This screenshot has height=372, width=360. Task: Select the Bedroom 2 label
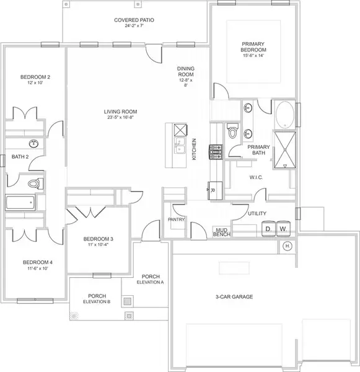tap(35, 80)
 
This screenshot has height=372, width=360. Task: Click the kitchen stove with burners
tap(216, 150)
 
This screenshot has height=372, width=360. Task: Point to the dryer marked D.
tap(269, 229)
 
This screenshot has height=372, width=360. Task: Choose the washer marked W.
tap(283, 229)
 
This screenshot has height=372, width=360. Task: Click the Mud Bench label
tap(222, 231)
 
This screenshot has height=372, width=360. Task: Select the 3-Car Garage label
tap(234, 297)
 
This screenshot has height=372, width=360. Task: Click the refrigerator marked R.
tap(212, 191)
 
